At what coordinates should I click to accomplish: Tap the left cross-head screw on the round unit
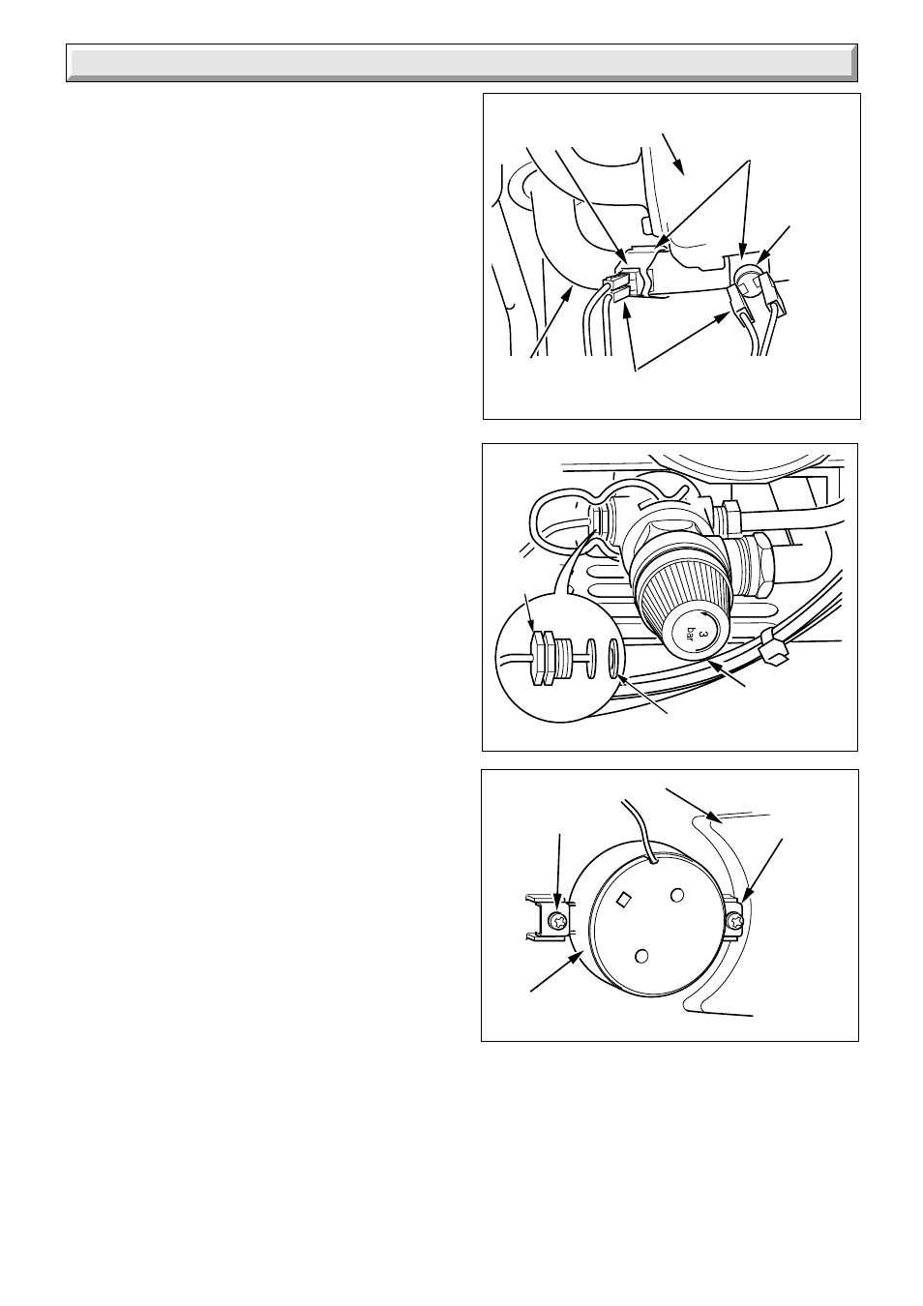(x=558, y=921)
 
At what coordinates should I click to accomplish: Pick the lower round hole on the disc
(x=640, y=956)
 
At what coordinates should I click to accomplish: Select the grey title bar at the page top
(x=461, y=63)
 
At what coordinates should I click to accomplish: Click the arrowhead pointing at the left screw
(x=558, y=907)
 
